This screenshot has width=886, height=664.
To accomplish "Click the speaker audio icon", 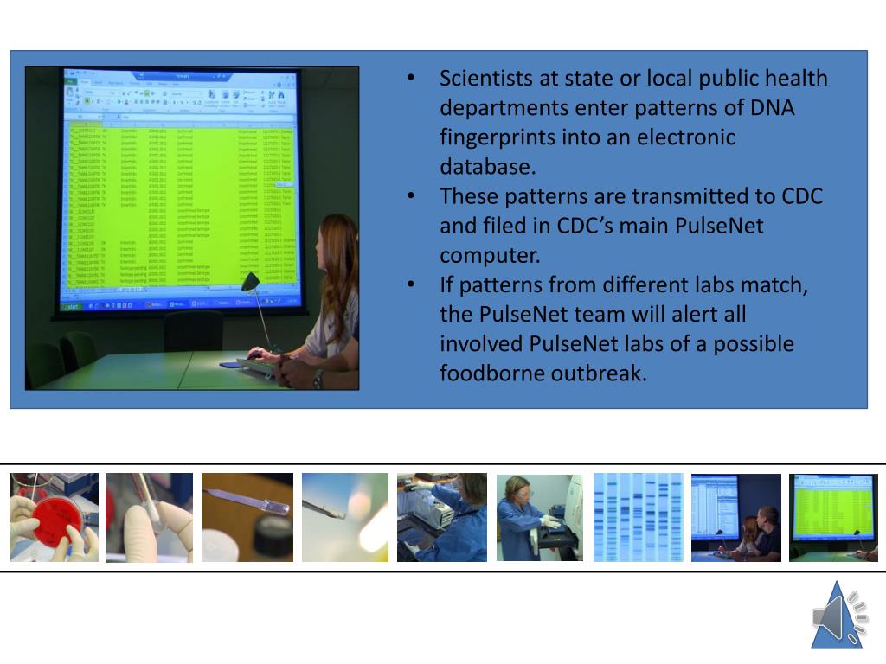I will (838, 616).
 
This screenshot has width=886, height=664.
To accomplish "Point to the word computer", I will (487, 256).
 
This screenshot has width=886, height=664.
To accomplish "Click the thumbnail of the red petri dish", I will (54, 517).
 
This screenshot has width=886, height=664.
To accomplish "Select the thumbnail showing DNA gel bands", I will (638, 517).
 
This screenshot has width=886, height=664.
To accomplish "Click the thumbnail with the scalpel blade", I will (247, 517).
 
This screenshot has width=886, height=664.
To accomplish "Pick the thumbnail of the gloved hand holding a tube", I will (150, 517).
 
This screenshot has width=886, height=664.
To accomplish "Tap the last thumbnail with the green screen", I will (833, 517).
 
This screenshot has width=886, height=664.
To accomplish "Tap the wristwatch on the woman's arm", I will (318, 379).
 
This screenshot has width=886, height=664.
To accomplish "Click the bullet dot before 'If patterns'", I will (413, 285).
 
